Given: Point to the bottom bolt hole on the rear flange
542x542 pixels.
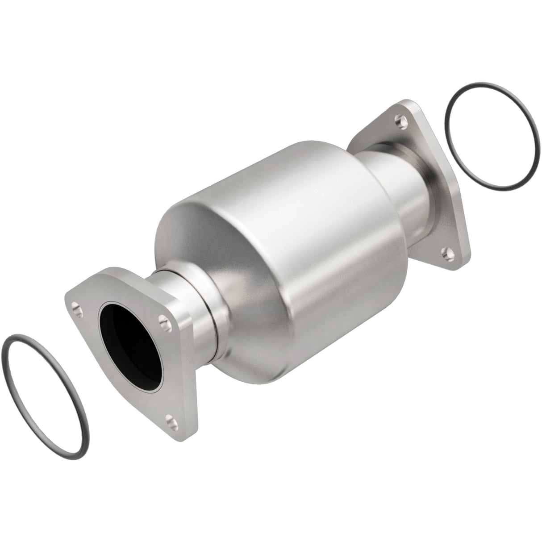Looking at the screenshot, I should click(x=446, y=254).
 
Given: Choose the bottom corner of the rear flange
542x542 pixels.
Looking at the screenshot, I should click(x=464, y=263).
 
